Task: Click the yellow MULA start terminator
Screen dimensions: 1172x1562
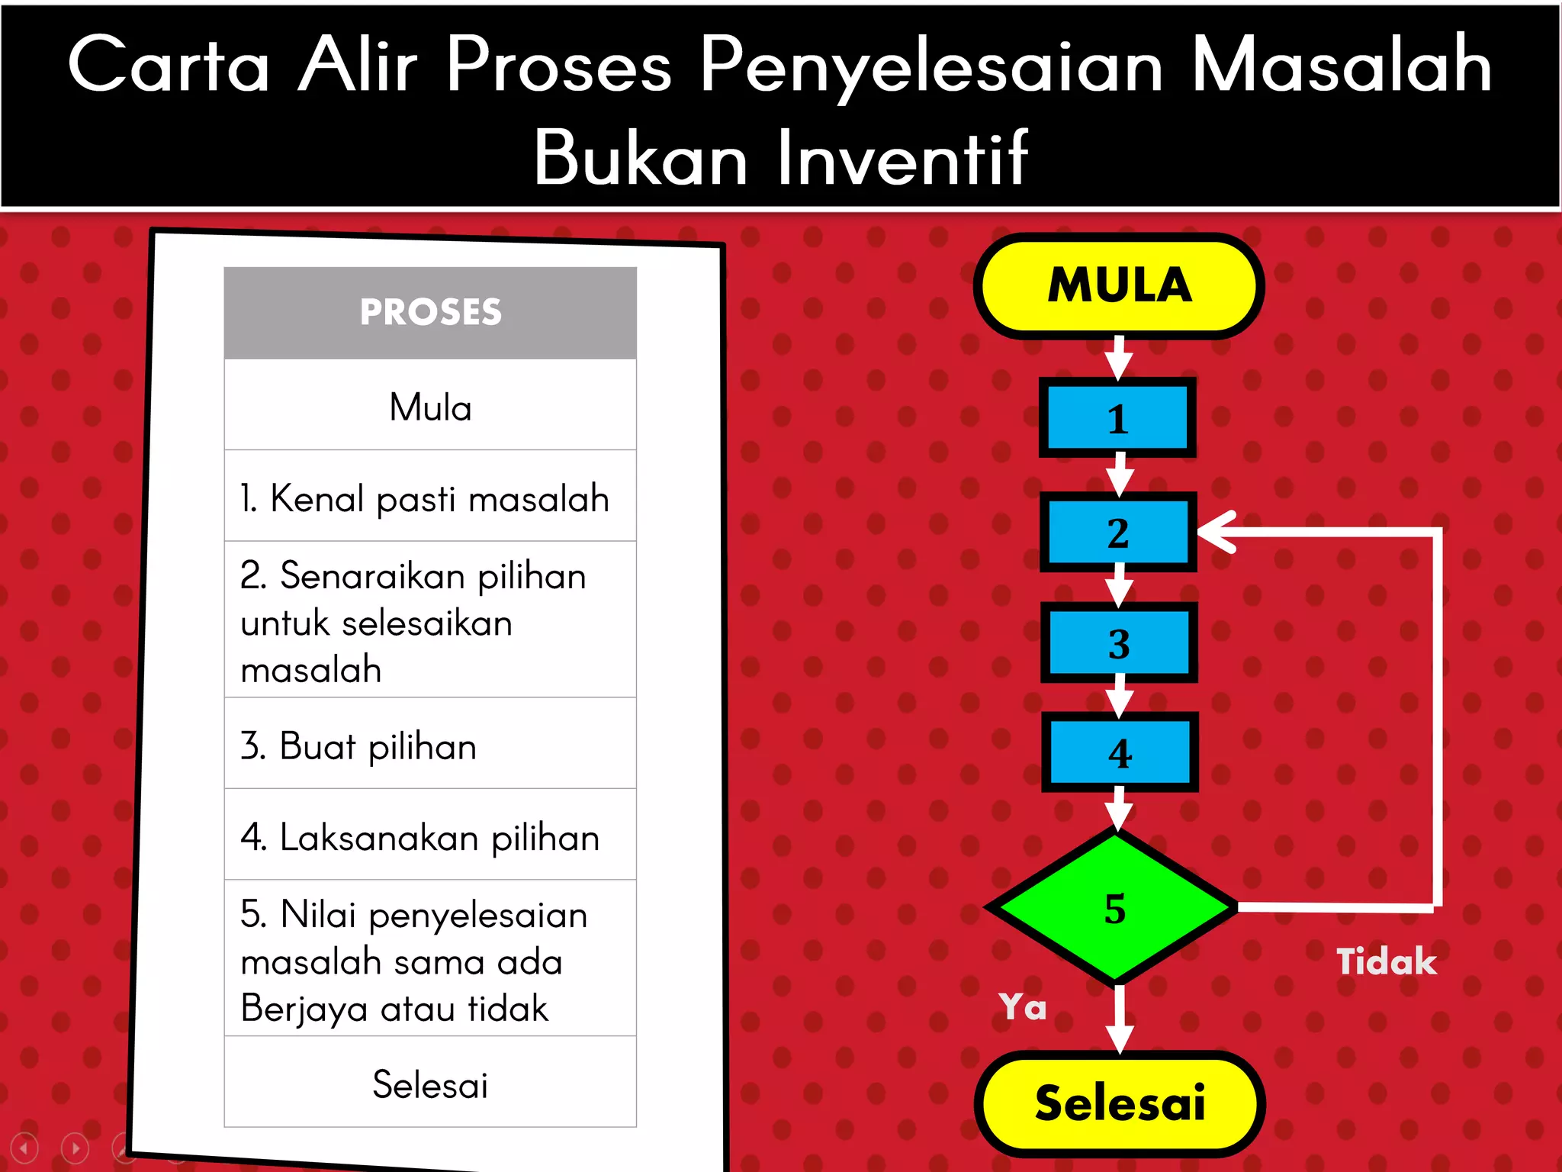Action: point(1118,286)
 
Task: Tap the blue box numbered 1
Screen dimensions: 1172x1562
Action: point(1117,418)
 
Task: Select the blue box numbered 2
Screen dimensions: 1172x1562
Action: point(1118,532)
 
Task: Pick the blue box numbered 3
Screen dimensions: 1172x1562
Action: point(1119,642)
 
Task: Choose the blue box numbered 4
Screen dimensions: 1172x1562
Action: point(1120,752)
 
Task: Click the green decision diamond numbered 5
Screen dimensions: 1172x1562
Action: point(1114,907)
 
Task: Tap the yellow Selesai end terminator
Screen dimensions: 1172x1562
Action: point(1120,1103)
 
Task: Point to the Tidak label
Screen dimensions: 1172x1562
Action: point(1386,961)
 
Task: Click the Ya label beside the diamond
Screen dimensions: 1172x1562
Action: point(1023,1007)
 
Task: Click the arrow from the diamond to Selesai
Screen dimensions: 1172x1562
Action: point(1119,1019)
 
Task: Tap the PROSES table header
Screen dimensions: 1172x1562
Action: point(430,312)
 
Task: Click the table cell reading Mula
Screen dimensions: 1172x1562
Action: point(430,407)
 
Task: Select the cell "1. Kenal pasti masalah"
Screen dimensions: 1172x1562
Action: point(424,498)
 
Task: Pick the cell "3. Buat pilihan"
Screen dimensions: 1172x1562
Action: point(358,745)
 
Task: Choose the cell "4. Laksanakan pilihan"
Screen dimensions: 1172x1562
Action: point(419,837)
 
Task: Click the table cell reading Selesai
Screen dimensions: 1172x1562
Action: point(430,1084)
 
